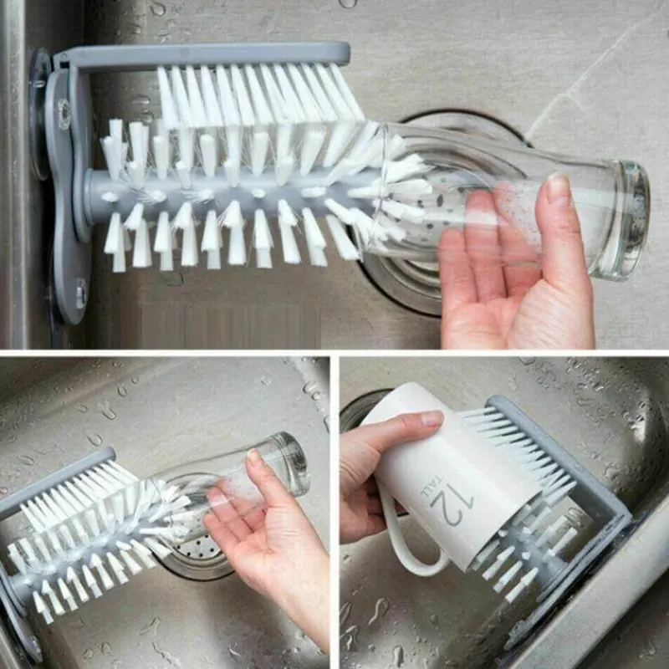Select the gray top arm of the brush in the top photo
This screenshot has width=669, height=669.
205,54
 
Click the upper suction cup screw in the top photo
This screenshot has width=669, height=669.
65,113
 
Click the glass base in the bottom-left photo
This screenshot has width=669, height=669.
291,463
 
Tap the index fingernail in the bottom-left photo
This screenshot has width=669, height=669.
253,457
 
